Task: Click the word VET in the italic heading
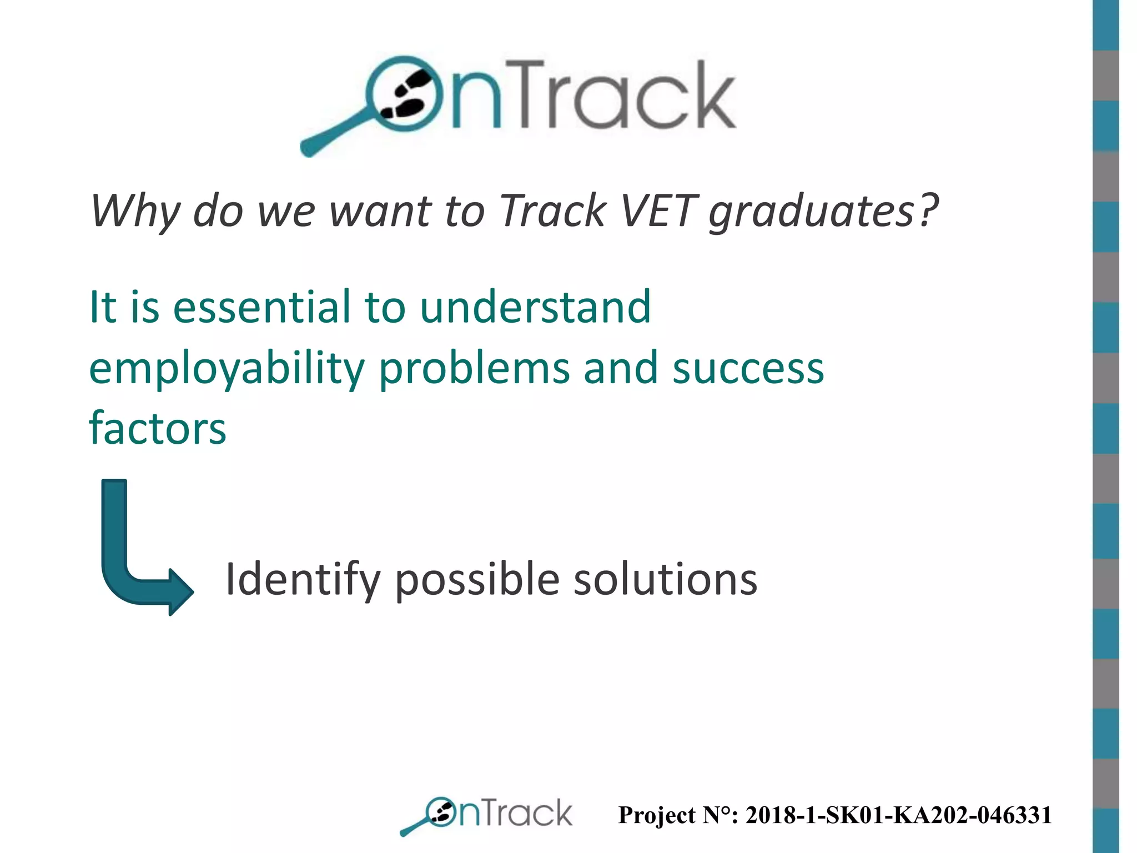click(657, 211)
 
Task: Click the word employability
click(227, 370)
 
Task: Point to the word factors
click(158, 429)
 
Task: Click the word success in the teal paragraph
click(748, 369)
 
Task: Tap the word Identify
click(302, 580)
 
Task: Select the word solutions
click(665, 580)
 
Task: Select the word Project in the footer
click(656, 815)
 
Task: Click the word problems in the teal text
click(474, 370)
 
